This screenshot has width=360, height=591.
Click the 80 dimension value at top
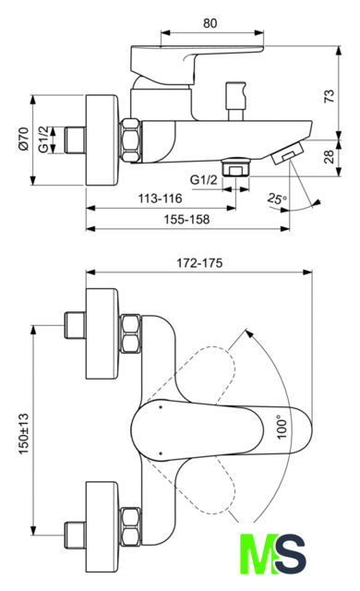click(x=210, y=23)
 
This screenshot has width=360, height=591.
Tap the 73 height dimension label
click(x=329, y=96)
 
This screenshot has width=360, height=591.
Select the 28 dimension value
click(x=329, y=156)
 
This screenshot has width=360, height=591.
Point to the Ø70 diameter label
click(x=23, y=139)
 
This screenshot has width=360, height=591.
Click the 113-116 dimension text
click(x=160, y=199)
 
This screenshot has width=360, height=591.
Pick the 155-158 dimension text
click(x=186, y=220)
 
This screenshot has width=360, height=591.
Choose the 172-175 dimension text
click(x=199, y=262)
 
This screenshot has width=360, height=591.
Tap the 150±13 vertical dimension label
click(x=23, y=433)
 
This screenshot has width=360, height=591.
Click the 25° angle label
click(x=277, y=199)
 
